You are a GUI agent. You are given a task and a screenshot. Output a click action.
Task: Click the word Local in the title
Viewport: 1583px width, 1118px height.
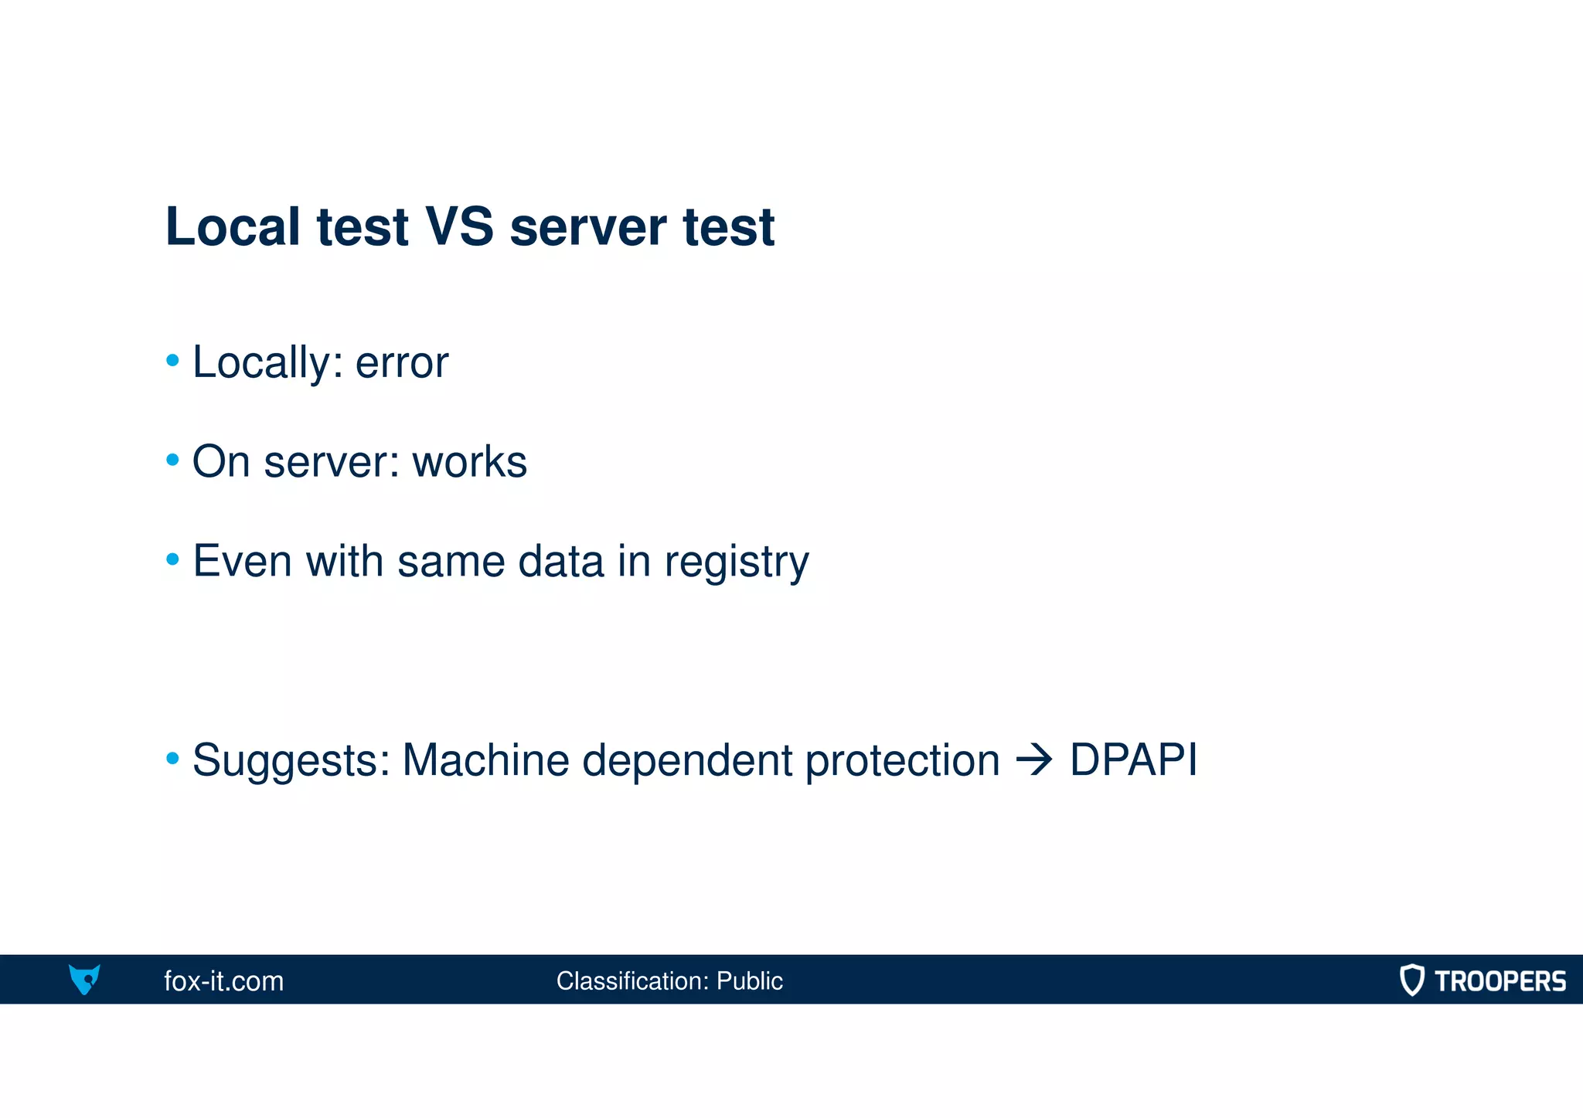click(x=233, y=227)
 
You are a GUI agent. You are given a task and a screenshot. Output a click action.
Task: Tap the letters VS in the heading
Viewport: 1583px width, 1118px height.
click(x=459, y=227)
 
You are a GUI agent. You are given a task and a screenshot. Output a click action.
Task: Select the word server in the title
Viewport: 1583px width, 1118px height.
click(x=587, y=229)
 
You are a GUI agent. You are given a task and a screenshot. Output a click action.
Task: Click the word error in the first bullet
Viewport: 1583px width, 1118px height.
click(x=401, y=363)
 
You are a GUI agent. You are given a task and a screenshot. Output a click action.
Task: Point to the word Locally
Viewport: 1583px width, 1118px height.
click(x=262, y=363)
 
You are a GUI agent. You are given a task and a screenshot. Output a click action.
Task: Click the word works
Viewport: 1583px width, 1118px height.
click(x=469, y=462)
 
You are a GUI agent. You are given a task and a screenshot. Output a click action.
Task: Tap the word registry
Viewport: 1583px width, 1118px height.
click(x=737, y=562)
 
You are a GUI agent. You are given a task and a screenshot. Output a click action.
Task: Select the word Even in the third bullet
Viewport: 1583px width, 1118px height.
click(x=242, y=561)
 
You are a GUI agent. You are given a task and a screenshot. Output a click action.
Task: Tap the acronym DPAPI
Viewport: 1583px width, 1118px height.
click(x=1133, y=760)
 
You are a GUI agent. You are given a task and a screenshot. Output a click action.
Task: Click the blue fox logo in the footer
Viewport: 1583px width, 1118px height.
click(x=84, y=979)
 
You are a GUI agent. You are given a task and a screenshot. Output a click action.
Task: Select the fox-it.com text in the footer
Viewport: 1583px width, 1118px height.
click(x=224, y=981)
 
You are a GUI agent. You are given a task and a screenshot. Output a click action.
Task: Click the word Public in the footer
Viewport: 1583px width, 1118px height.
click(x=749, y=981)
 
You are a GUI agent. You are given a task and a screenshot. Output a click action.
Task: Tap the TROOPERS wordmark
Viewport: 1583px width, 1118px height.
click(x=1500, y=981)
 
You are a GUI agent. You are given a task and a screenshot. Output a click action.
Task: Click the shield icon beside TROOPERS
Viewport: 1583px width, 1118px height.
click(x=1411, y=980)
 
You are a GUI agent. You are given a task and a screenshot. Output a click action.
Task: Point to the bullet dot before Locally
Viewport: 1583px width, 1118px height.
click(x=173, y=360)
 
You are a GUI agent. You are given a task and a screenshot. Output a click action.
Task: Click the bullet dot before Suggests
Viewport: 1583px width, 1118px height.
click(x=173, y=759)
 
